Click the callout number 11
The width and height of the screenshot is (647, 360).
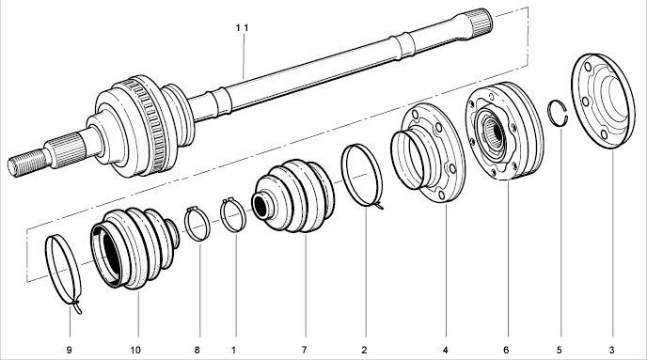click(243, 27)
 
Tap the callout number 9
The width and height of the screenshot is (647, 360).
click(69, 350)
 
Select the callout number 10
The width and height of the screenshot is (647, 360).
click(135, 350)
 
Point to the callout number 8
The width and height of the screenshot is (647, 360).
click(197, 350)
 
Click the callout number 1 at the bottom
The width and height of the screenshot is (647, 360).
click(233, 350)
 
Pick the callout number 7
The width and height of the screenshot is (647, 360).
click(304, 350)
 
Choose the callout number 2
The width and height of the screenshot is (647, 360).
click(364, 350)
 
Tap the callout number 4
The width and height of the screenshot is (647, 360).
click(445, 350)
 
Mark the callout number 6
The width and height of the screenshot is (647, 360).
click(506, 350)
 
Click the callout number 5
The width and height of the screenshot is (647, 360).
click(560, 350)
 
